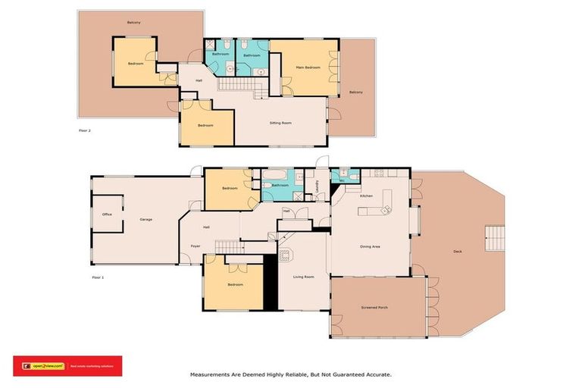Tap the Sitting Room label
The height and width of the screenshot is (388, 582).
[x=281, y=123]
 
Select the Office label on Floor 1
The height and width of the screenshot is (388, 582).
[x=107, y=214]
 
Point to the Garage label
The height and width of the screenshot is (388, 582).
[x=145, y=220]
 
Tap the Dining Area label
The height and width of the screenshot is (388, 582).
[x=370, y=247]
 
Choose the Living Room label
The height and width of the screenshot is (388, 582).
[x=303, y=277]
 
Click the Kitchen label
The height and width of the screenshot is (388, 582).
[x=366, y=196]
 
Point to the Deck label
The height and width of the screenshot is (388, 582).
[x=457, y=252]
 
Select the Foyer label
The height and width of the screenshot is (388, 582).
[x=195, y=246]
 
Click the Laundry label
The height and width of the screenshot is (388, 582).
[x=315, y=185]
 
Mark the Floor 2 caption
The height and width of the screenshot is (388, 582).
[x=85, y=131]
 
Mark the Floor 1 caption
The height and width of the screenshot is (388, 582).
[x=97, y=277]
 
